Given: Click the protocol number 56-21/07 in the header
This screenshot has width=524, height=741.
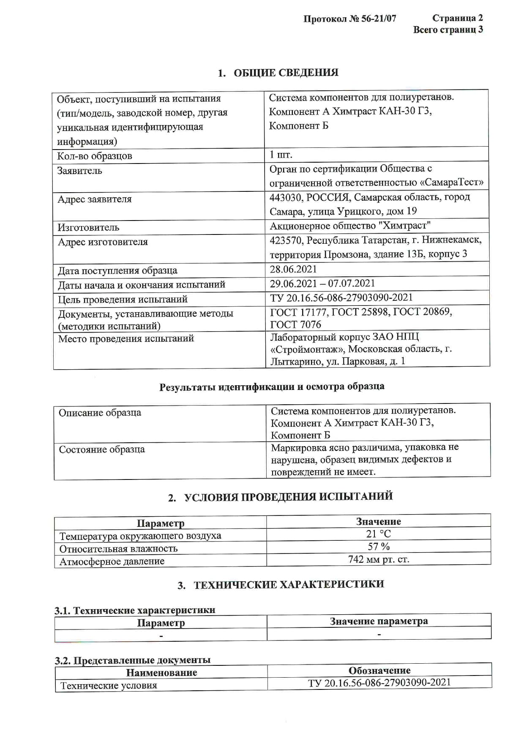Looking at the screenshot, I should coord(379,19).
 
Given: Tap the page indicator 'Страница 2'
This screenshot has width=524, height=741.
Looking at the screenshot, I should coord(457,18).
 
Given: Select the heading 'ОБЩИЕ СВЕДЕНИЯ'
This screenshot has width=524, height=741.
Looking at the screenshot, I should coord(286,73).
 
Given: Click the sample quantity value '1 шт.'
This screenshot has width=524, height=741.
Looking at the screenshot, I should coord(281,155).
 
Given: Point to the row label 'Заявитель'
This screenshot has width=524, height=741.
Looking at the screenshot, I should coord(80,171).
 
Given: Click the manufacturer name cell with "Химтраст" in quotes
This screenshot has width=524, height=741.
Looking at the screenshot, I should coord(350,226).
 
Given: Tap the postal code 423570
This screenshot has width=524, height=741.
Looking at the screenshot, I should coord(286,240).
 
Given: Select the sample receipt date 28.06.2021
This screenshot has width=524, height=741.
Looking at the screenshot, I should coord(293,269).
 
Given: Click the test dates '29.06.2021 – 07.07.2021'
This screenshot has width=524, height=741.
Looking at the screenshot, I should coord(322,283).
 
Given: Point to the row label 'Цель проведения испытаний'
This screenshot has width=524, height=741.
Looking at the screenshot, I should coord(123,299).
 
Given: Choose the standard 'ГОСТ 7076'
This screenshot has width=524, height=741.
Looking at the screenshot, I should coord(295,324).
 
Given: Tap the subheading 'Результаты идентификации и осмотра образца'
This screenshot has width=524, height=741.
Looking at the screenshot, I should coord(272,387).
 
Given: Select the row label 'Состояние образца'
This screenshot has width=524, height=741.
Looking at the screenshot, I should coord(102,449).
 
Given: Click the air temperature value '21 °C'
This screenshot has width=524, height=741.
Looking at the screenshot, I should coord(378,534).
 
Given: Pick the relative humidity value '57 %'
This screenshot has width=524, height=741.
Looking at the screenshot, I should coord(378,547).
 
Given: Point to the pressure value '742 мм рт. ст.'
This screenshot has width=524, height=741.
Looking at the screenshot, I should coord(378,559).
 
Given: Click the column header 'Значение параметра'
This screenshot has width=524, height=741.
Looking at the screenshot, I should coord(379,621).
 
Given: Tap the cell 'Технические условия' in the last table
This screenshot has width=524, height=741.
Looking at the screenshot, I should coord(109,685).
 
